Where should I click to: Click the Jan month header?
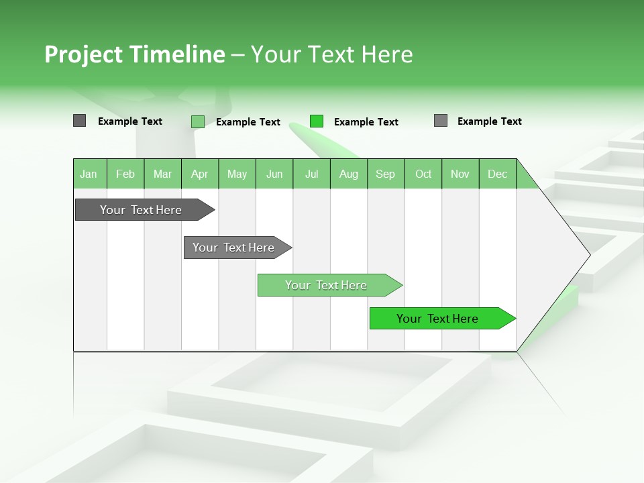89,174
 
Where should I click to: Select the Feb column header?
125,174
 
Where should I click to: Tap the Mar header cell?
162,174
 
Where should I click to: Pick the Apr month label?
200,174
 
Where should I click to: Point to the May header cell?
237,174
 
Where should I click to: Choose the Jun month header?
274,174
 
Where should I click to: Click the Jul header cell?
311,174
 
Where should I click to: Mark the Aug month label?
349,174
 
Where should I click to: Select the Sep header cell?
386,174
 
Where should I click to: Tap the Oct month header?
423,174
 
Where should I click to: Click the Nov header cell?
460,174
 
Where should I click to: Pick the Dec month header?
498,174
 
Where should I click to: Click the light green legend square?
198,121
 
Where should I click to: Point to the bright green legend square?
317,121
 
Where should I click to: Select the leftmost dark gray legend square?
80,121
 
